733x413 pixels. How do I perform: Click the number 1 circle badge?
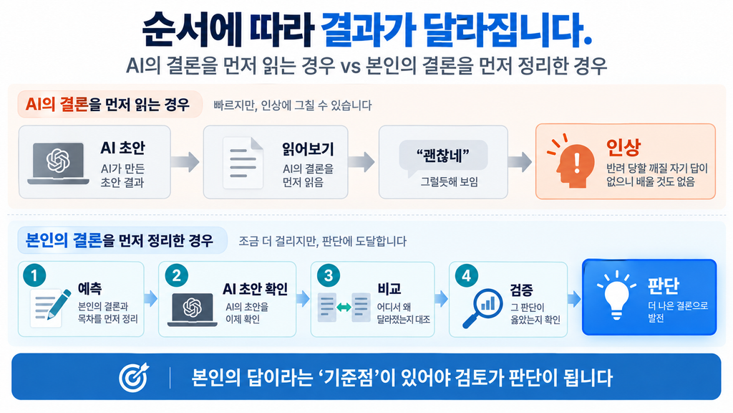[34, 275]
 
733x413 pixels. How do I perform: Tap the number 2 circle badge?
[177, 275]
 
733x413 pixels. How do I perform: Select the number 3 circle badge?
[329, 275]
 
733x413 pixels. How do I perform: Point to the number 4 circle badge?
[467, 275]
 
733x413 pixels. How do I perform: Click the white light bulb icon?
[616, 295]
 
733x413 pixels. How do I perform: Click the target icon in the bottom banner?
[134, 377]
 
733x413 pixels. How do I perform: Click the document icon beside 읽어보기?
[243, 163]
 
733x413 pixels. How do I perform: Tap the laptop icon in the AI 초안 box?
[59, 163]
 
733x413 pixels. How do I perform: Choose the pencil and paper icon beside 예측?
[51, 307]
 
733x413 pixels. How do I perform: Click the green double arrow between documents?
[344, 307]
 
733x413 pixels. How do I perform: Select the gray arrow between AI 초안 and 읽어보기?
[185, 161]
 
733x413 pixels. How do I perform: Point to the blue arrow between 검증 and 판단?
[574, 299]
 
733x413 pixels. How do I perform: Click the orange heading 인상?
[623, 148]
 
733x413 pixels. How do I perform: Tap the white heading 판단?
[663, 285]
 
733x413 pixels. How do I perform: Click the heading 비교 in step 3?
[389, 289]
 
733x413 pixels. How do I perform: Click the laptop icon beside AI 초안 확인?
[192, 309]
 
